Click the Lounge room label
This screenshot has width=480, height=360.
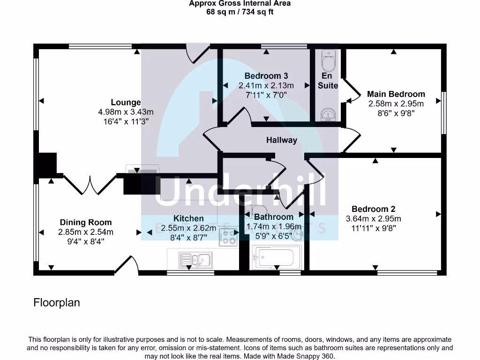(x=126, y=102)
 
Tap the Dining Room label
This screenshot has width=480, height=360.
(x=86, y=222)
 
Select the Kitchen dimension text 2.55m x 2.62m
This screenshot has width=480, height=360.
(x=188, y=228)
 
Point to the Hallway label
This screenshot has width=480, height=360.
(x=282, y=140)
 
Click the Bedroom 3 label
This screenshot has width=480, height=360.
(x=266, y=76)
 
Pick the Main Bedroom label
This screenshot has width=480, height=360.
(x=396, y=94)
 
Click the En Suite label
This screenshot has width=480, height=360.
(x=328, y=81)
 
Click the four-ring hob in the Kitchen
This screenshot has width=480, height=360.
(x=228, y=237)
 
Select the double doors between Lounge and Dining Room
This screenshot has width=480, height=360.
(x=90, y=184)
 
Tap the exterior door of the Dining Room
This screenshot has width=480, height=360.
(x=127, y=265)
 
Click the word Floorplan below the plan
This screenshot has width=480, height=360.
(x=57, y=303)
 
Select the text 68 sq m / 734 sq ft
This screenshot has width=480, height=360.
(x=240, y=12)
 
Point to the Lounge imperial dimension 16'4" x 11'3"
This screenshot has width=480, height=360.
(x=126, y=120)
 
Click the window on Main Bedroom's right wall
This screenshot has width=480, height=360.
(x=443, y=112)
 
